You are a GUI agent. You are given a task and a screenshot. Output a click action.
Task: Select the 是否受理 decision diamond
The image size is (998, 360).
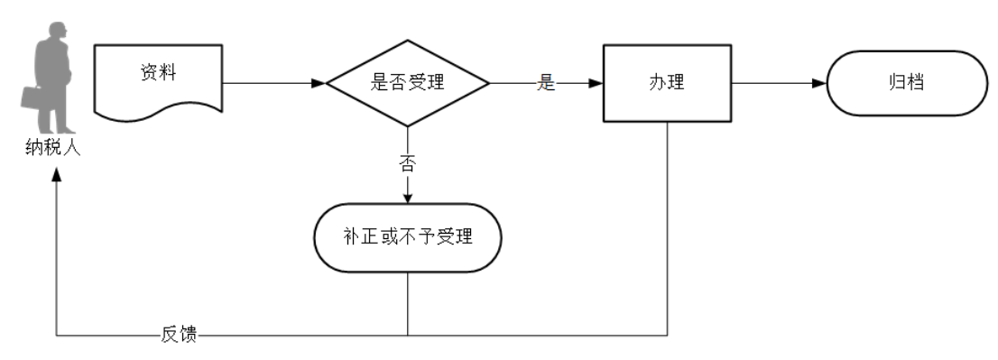point(408,84)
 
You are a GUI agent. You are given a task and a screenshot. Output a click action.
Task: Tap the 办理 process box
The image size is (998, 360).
point(667,84)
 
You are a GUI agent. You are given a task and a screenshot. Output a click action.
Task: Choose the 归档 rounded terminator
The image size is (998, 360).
point(904,84)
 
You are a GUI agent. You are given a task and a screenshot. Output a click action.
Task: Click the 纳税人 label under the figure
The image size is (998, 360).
point(55,148)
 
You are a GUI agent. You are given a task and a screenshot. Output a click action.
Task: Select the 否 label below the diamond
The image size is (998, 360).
point(408,163)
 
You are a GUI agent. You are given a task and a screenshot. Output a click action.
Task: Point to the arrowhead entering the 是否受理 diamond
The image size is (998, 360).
point(318,84)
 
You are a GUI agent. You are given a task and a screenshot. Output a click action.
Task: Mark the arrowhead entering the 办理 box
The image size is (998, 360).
point(596,84)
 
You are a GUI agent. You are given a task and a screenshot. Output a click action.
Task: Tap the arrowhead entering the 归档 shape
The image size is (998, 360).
point(818,84)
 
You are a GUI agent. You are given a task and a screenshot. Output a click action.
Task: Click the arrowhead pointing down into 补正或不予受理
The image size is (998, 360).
point(408,198)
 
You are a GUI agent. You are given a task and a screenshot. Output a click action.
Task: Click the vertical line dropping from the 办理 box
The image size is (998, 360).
point(667,226)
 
